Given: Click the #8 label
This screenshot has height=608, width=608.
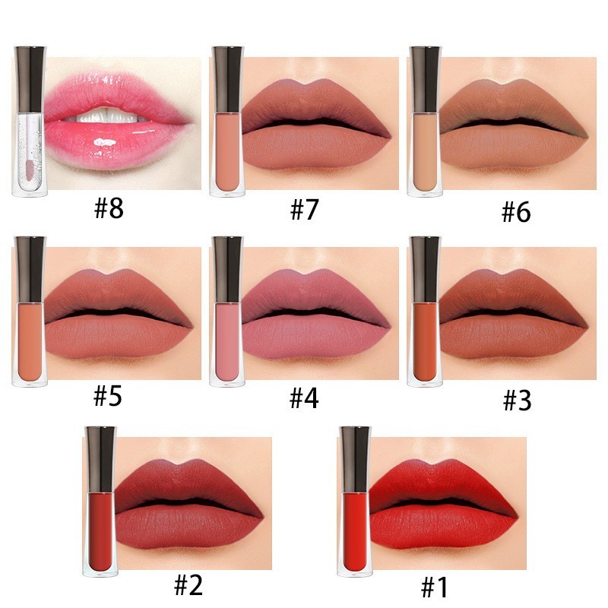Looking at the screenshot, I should (x=109, y=208).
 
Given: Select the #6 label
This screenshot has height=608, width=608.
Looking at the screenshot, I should (x=516, y=212).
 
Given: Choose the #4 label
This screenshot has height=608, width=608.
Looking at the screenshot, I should (x=304, y=397).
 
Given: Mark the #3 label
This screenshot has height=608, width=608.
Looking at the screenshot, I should (x=516, y=401).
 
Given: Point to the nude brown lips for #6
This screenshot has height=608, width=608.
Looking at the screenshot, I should (x=513, y=125).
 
